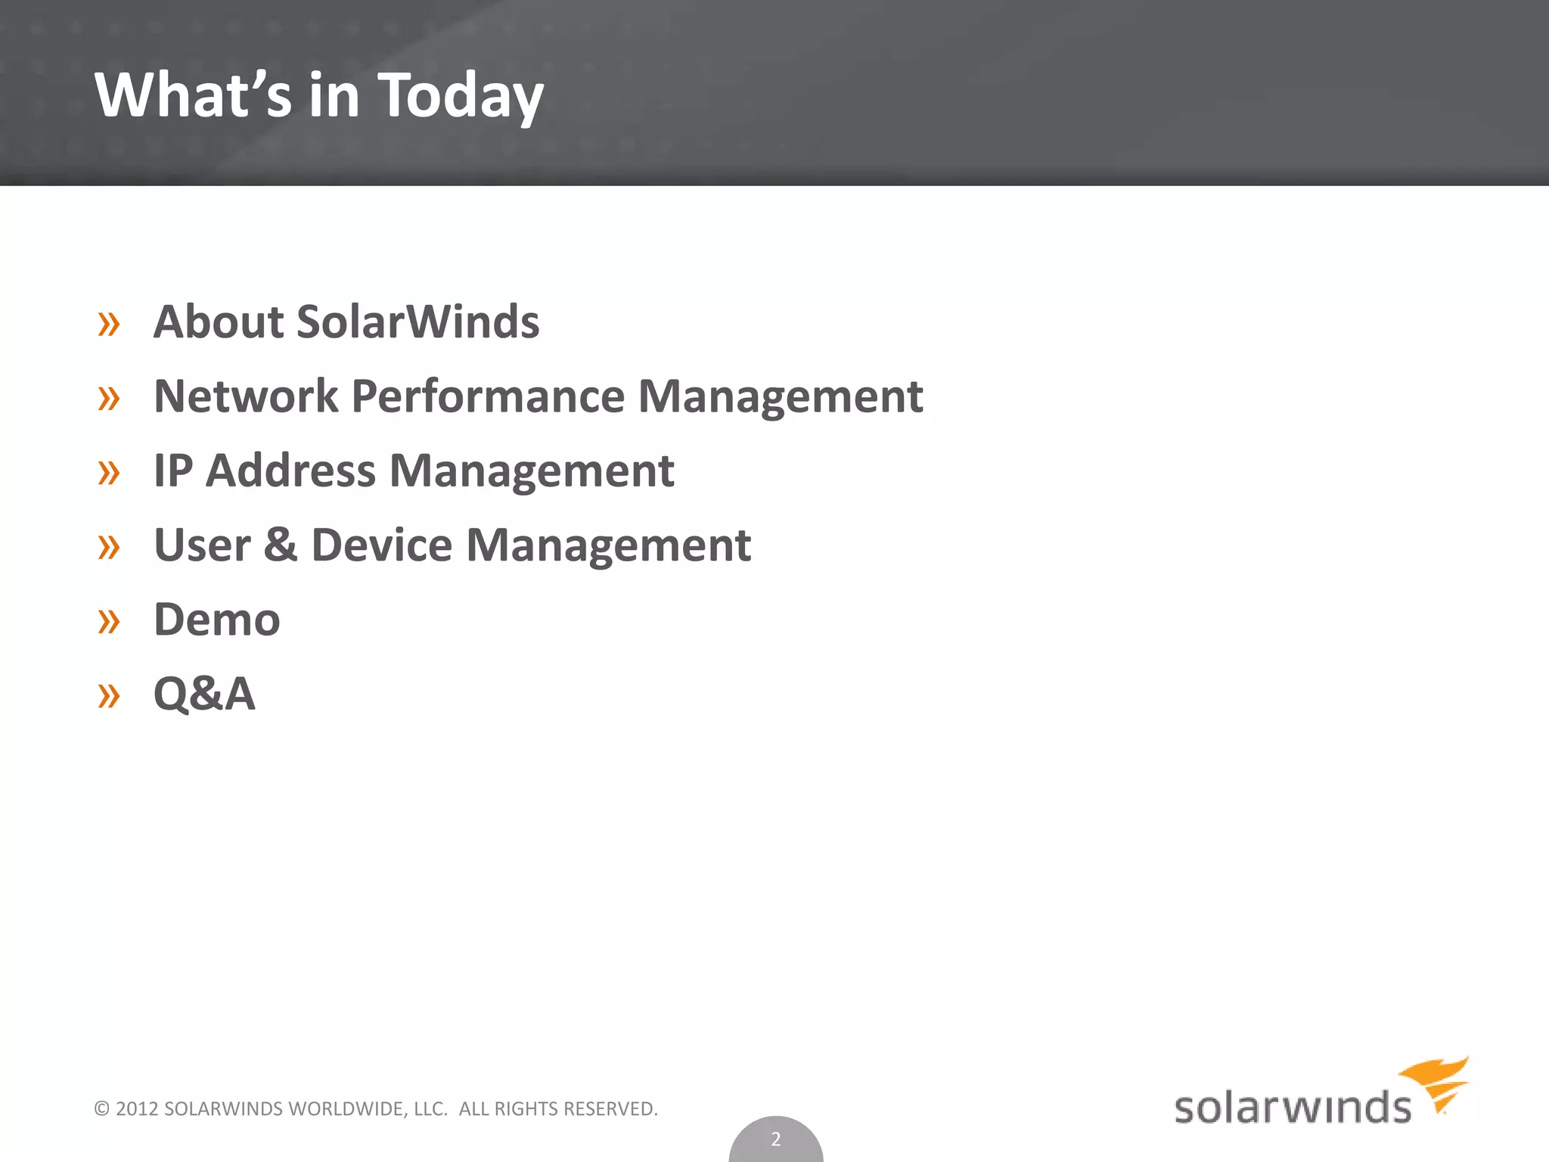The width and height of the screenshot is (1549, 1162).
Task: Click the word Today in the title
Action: pos(460,96)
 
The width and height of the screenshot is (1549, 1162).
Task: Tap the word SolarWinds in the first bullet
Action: pos(418,322)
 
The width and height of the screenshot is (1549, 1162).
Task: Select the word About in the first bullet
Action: pos(219,322)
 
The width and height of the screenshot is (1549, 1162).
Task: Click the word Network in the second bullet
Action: pos(246,396)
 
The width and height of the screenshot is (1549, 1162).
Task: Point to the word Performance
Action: pos(488,396)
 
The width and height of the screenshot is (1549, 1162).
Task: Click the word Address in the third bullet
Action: pos(290,471)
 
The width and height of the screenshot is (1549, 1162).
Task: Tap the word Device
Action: pos(381,545)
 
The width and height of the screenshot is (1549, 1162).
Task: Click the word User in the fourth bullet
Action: pos(202,545)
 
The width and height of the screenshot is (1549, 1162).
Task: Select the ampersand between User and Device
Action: pos(281,545)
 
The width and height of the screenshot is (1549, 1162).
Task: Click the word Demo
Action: pos(216,620)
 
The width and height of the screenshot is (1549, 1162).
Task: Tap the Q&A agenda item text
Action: pos(204,694)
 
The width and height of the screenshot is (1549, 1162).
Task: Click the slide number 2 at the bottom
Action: pos(775,1139)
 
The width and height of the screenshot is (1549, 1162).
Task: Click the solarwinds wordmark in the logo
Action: pos(1292,1108)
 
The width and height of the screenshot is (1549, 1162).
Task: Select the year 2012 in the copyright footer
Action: pos(137,1109)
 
